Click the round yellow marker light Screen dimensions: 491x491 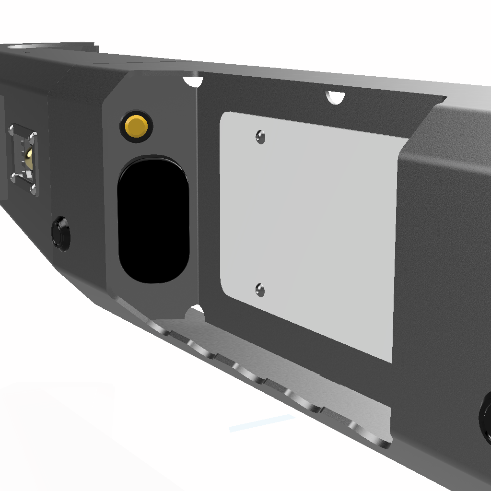137,127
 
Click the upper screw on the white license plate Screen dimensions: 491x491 260,137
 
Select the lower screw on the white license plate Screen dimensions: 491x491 260,290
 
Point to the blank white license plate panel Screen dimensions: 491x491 312,230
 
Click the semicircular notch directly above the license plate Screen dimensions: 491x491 336,96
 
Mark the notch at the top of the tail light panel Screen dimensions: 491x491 194,81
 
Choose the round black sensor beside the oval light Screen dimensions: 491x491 61,233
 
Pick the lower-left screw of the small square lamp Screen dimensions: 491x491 13,177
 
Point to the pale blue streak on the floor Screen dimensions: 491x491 261,422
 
